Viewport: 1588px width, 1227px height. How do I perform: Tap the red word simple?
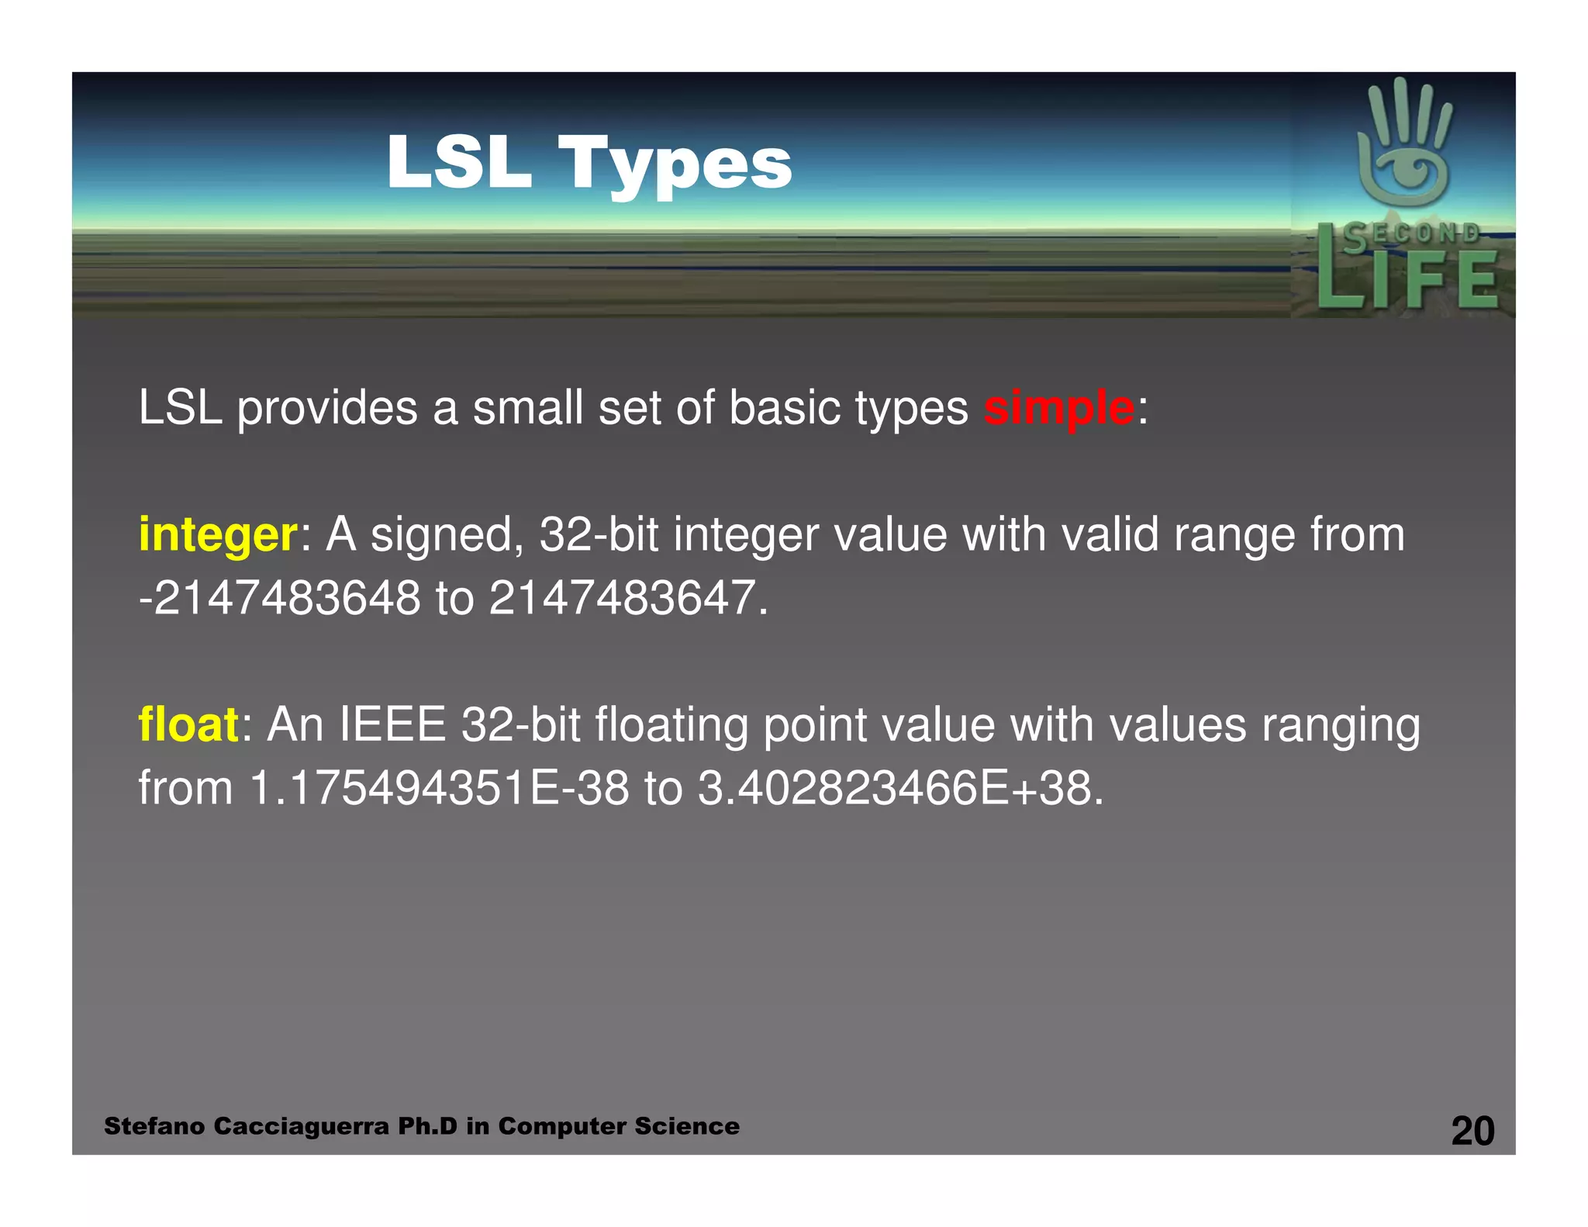[1058, 408]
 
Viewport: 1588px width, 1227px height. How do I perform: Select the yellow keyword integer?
[217, 535]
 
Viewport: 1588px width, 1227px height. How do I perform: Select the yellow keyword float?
[188, 724]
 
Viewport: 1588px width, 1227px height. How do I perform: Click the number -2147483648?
[279, 598]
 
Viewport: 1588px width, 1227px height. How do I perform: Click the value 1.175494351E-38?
[439, 788]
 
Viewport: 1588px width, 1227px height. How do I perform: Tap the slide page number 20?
[1472, 1131]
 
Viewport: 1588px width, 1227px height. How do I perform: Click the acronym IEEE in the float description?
[392, 724]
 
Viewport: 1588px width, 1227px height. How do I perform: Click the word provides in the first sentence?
[327, 408]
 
